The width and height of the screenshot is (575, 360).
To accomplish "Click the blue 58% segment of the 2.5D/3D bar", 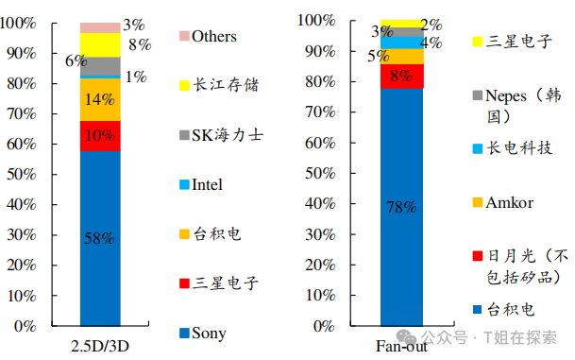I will point(99,238).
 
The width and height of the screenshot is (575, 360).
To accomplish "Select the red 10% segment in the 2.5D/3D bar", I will point(99,135).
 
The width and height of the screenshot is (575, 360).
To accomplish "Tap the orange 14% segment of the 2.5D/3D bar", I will point(99,99).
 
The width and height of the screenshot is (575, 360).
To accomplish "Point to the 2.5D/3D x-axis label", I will point(100,347).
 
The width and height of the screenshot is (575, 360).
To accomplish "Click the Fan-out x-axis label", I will point(401,347).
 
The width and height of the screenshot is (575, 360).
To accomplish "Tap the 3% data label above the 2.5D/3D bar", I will point(134,26).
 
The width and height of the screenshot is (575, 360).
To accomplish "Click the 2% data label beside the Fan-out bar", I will point(431,26).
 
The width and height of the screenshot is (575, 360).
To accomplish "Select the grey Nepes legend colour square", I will point(478,94).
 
